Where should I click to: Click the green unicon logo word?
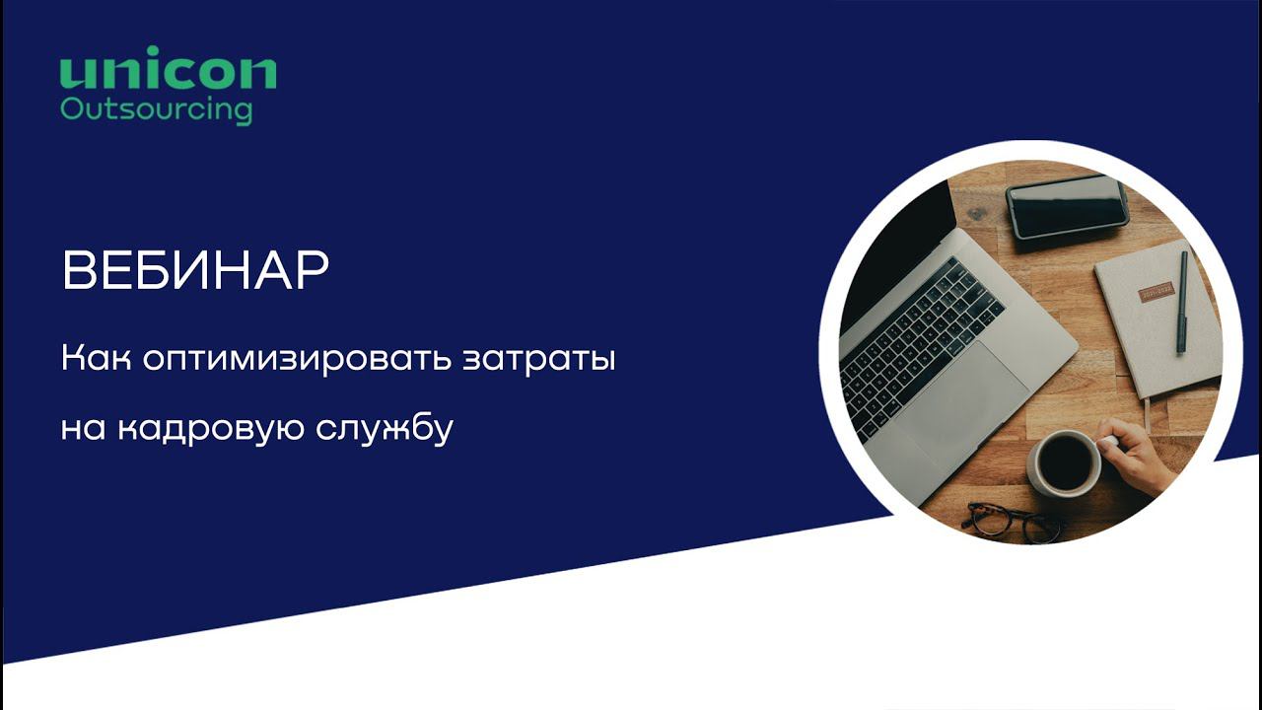point(168,72)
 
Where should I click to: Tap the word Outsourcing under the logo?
point(156,108)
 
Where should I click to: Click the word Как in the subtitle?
point(96,357)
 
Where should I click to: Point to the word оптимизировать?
point(298,357)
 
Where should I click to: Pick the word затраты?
point(539,359)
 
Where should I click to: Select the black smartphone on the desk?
point(1067,206)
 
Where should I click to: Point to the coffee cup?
point(1065,463)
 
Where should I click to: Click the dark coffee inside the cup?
point(1067,461)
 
